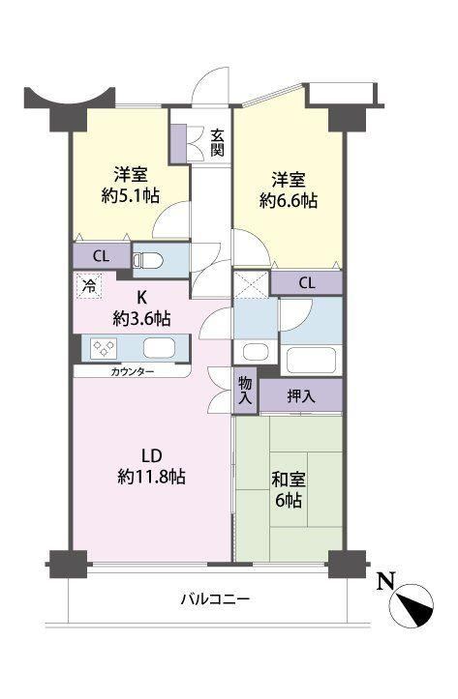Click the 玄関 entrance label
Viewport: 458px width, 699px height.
coord(217,143)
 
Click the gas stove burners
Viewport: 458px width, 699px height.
coord(104,348)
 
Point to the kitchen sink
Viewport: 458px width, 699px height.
coord(159,348)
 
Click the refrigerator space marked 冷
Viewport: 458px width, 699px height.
coord(90,286)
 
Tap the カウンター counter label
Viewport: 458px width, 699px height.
coord(132,371)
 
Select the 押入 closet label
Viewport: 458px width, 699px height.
coord(301,395)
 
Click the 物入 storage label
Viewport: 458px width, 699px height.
coord(245,390)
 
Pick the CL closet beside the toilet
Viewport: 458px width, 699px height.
coord(102,256)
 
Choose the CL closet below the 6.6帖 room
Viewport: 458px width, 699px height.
coord(307,282)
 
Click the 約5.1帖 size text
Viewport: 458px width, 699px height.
coord(131,195)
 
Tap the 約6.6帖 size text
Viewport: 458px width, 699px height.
coord(289,201)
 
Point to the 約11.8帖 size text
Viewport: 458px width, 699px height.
coord(152,477)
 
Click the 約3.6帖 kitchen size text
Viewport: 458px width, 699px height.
coord(141,319)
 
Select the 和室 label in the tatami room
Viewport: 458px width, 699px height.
coord(289,481)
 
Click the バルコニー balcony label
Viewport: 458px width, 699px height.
coord(215,598)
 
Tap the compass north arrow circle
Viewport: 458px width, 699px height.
coord(412,605)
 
